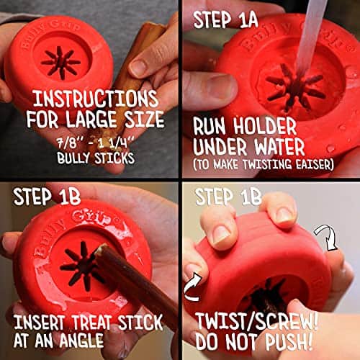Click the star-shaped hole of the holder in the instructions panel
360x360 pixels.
[x=62, y=62]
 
